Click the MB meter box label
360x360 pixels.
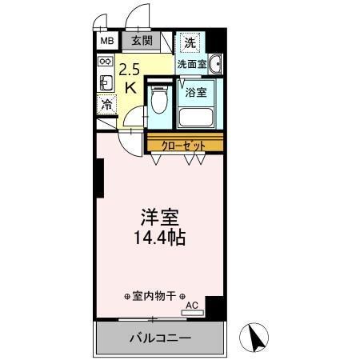pos(106,41)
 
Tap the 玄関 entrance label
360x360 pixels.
pos(142,41)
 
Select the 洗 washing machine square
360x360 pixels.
pos(190,42)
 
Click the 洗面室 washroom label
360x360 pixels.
pos(192,63)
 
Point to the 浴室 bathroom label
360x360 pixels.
pos(196,91)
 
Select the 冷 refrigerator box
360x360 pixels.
pos(106,103)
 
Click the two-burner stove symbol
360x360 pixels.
pos(106,61)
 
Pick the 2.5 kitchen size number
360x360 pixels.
pos(130,70)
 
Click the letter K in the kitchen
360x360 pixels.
pos(130,88)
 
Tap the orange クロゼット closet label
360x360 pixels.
pos(184,145)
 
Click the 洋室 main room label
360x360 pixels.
pos(160,218)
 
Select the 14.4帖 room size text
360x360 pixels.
pos(160,238)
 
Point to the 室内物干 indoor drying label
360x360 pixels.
pos(154,295)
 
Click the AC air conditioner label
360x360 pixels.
pos(191,305)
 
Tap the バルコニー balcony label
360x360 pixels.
pos(160,338)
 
